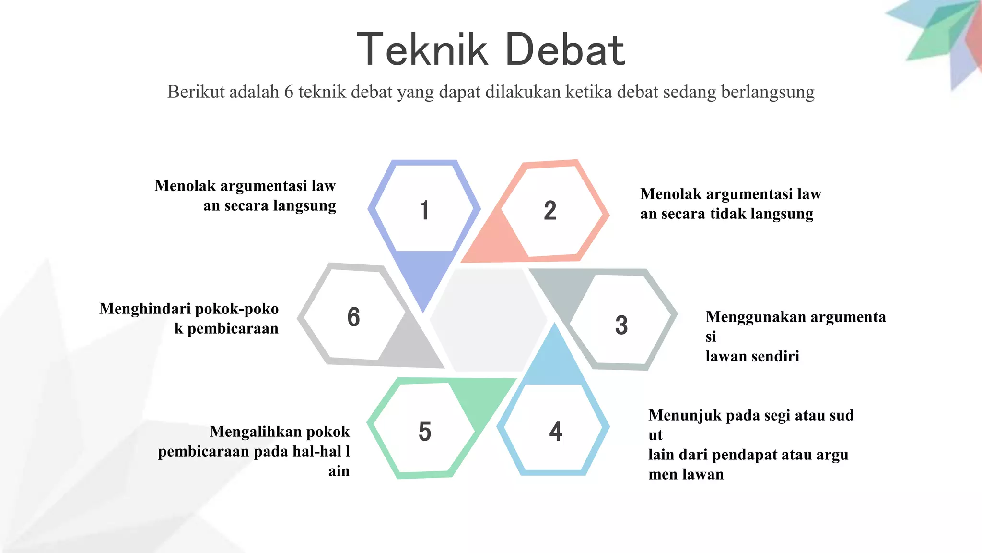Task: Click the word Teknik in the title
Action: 422,49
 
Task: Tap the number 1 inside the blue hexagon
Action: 424,210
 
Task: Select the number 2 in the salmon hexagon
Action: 550,210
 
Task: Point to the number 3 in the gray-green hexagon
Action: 621,325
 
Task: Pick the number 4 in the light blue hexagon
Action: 556,431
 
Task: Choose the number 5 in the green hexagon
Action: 425,431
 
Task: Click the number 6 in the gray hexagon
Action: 353,317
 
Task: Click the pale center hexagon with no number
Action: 488,319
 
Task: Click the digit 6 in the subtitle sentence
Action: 288,92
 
